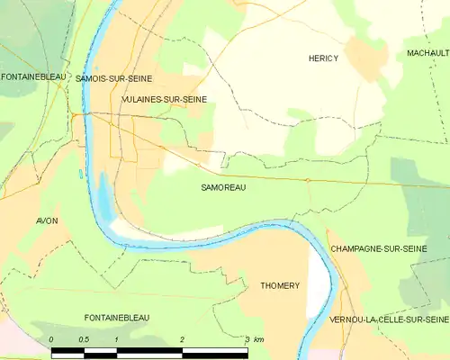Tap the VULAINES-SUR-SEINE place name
pyautogui.click(x=164, y=99)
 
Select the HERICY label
pyautogui.click(x=323, y=58)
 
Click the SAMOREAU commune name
pyautogui.click(x=223, y=188)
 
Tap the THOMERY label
pyautogui.click(x=280, y=285)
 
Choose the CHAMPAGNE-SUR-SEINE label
pyautogui.click(x=378, y=247)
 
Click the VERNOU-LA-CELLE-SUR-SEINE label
pyautogui.click(x=389, y=319)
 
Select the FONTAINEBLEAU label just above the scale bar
pyautogui.click(x=117, y=318)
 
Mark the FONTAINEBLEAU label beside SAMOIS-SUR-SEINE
pyautogui.click(x=33, y=77)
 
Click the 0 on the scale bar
pyautogui.click(x=51, y=339)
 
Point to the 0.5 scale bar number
pyautogui.click(x=83, y=339)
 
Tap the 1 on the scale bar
pyautogui.click(x=117, y=339)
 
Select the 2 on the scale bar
pyautogui.click(x=182, y=339)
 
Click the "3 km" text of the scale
pyautogui.click(x=253, y=339)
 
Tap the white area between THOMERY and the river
pyautogui.click(x=317, y=279)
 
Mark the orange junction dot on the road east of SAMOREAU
pyautogui.click(x=307, y=180)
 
